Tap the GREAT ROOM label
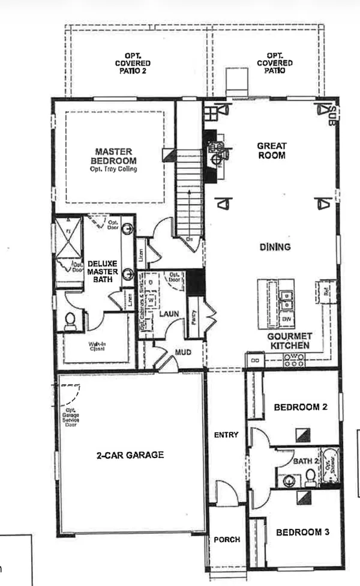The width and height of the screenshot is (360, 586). tap(272, 150)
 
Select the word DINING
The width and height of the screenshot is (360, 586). tap(275, 247)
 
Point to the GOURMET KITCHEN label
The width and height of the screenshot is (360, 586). tap(290, 341)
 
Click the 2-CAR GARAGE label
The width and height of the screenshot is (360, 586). tap(130, 455)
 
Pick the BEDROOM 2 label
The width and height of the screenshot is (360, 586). tap(301, 407)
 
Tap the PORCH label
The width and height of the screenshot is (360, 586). tap(227, 540)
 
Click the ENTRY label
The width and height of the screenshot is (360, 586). tap(226, 435)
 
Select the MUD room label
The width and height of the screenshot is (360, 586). tap(182, 353)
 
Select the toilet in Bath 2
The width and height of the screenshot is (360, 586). tap(310, 477)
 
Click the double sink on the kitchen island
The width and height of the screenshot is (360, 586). tap(285, 296)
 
